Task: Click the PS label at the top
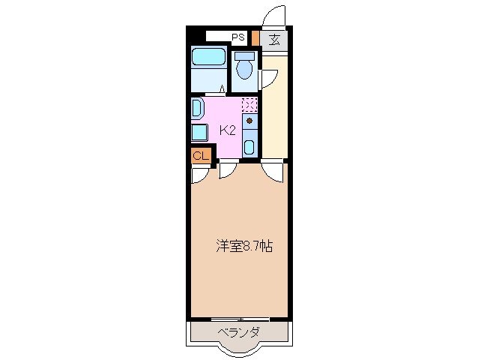[238, 36]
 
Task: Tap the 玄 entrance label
[275, 40]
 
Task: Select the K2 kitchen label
[228, 130]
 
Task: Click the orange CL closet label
[200, 155]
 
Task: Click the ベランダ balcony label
[239, 332]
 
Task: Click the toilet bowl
[244, 68]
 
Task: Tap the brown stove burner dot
[250, 120]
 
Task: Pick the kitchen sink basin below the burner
[250, 145]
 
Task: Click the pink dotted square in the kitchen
[249, 104]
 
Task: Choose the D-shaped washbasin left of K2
[196, 108]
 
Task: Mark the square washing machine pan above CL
[199, 133]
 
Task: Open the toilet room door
[267, 77]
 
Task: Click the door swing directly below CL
[200, 174]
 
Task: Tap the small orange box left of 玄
[255, 38]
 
